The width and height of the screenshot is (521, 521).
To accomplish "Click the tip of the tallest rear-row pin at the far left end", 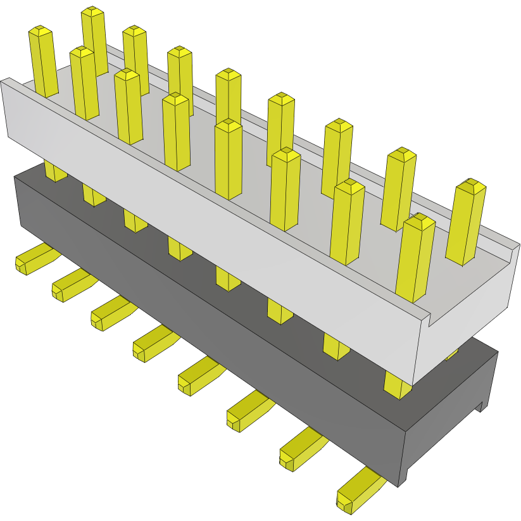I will (x=92, y=12).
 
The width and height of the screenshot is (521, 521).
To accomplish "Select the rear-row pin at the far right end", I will (x=467, y=222).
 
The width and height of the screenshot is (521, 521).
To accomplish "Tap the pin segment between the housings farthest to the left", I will (x=55, y=171).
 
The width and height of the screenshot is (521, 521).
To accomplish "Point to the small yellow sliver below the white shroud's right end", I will (x=453, y=355).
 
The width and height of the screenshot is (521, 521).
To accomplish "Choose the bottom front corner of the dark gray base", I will (x=399, y=485).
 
